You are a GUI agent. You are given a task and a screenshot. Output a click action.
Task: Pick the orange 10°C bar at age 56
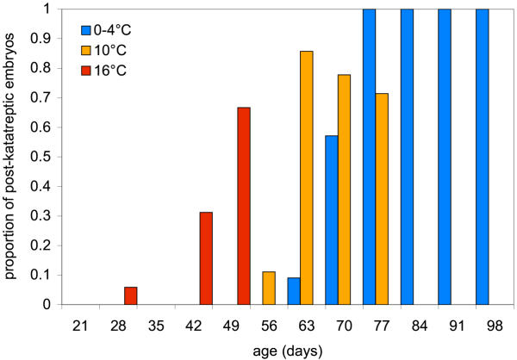tap(269, 288)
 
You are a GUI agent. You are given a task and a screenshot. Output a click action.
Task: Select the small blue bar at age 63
tap(294, 290)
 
